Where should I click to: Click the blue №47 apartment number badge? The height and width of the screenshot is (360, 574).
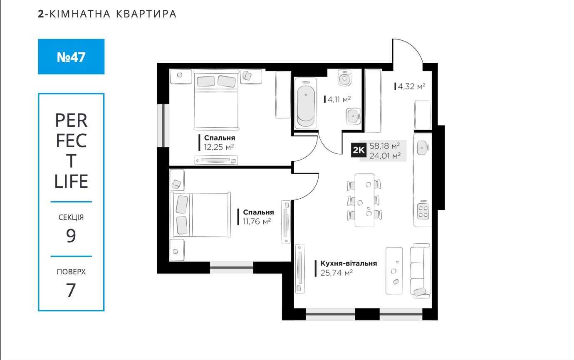tap(71, 57)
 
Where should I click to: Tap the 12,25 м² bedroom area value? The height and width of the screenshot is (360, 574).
tap(219, 147)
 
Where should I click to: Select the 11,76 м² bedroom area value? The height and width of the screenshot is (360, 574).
tap(257, 221)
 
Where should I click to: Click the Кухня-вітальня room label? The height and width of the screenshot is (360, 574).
tap(349, 263)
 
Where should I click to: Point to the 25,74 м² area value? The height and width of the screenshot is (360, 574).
tap(336, 273)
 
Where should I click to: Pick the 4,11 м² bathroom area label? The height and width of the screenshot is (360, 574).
tap(339, 99)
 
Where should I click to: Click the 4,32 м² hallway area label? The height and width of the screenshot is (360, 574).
tap(411, 86)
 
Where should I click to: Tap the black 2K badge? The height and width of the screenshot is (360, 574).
tap(359, 150)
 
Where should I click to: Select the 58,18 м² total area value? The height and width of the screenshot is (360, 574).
tap(385, 146)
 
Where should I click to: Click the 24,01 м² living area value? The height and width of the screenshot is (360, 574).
tap(385, 155)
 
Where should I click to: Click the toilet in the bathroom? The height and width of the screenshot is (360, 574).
tap(344, 78)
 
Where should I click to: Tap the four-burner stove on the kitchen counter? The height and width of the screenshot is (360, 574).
tap(423, 211)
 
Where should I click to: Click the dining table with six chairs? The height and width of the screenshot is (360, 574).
tap(364, 200)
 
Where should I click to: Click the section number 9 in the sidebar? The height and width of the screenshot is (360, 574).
tap(71, 236)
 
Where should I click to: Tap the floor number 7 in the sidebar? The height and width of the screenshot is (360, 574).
tap(71, 290)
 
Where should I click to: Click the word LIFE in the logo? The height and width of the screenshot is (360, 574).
tap(71, 181)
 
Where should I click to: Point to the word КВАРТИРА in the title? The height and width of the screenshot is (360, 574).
tap(146, 14)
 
